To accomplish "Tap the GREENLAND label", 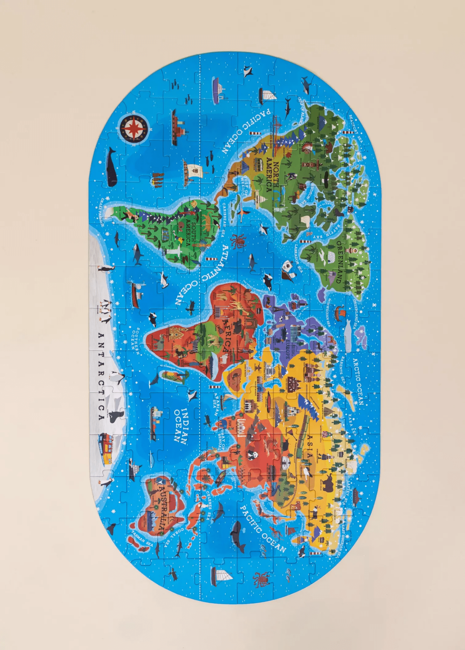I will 339,262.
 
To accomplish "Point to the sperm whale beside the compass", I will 111,167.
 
